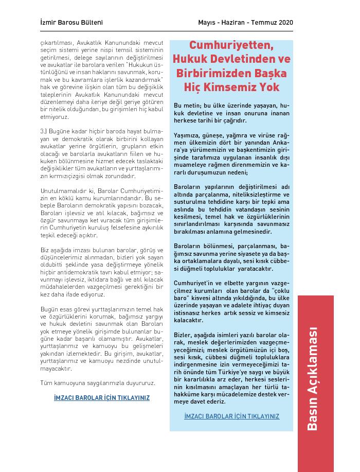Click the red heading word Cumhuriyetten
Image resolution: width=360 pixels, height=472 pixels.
(x=231, y=45)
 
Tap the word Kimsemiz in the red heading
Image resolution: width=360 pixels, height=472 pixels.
(x=239, y=87)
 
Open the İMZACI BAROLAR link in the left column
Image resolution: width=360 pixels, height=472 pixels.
(x=101, y=398)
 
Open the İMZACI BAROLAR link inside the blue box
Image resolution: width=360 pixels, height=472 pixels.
(x=231, y=416)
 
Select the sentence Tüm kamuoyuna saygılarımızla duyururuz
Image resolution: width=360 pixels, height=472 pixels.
(x=97, y=383)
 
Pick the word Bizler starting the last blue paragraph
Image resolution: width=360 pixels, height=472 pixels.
(x=183, y=335)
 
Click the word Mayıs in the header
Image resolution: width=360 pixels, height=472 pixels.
(x=207, y=23)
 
